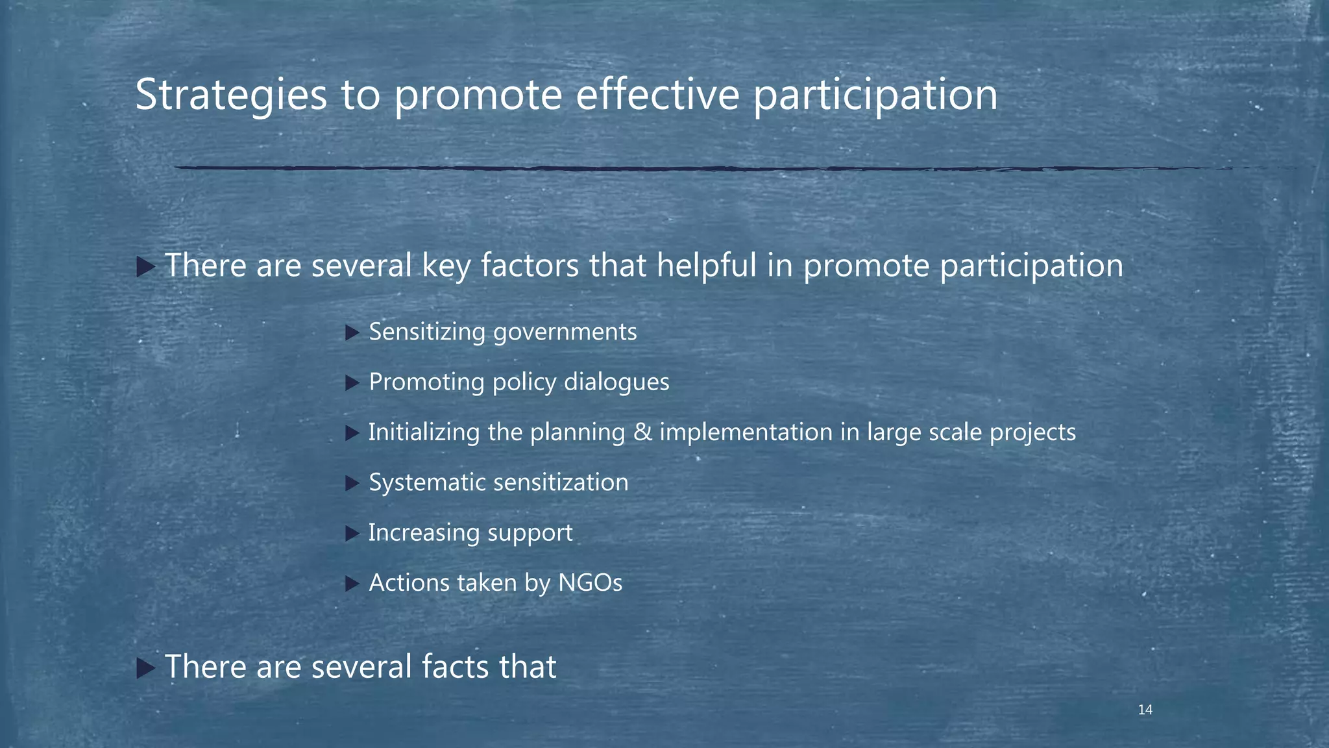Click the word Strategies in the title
point(230,95)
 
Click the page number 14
point(1145,710)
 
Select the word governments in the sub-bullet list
point(565,332)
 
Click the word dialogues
point(616,382)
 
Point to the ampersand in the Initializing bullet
point(642,432)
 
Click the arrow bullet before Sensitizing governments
point(352,333)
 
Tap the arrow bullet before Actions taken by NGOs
point(352,584)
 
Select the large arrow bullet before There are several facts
point(145,667)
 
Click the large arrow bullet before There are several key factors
point(145,266)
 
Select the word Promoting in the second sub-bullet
point(426,382)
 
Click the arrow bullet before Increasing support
point(352,534)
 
